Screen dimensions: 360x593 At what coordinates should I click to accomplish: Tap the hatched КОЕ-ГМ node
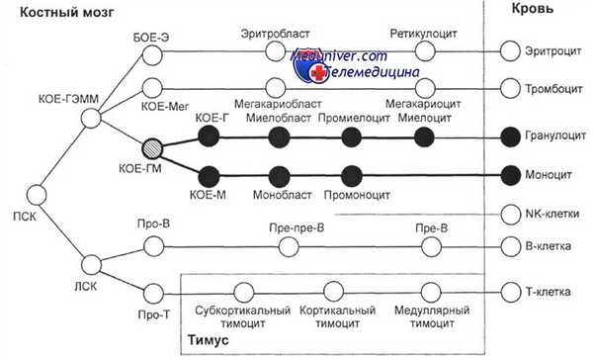click(x=151, y=149)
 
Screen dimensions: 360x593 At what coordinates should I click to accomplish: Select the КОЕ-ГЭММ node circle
click(x=90, y=120)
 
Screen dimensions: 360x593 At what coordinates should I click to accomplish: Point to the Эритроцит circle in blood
click(x=510, y=49)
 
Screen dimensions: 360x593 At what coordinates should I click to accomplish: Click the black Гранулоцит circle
click(x=510, y=136)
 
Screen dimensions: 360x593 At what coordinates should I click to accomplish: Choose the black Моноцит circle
click(x=510, y=175)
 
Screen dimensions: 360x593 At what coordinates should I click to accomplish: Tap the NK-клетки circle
click(x=510, y=213)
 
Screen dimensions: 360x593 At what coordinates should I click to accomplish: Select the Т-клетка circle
click(x=510, y=292)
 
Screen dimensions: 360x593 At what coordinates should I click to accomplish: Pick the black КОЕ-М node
click(x=209, y=175)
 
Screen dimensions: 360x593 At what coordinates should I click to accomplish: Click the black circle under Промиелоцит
click(x=348, y=136)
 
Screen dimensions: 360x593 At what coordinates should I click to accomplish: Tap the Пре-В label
click(x=427, y=228)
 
